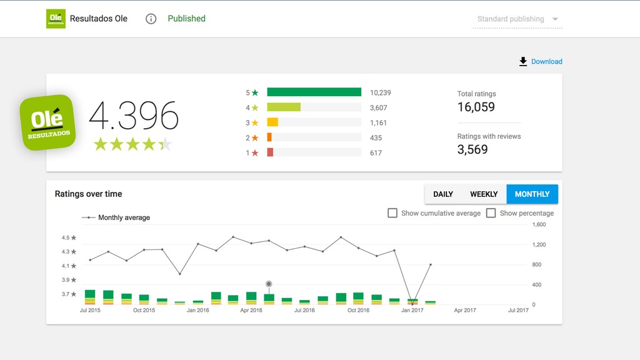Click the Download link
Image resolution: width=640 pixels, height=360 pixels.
click(x=541, y=62)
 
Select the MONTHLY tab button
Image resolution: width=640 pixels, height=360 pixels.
click(x=532, y=194)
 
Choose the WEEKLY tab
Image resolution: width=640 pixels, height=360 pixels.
click(x=484, y=194)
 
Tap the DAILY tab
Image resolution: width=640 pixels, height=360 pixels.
click(x=443, y=194)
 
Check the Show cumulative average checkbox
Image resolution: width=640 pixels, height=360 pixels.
click(x=392, y=213)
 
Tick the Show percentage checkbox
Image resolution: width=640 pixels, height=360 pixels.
click(x=491, y=213)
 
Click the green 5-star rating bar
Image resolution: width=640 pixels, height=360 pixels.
click(x=314, y=92)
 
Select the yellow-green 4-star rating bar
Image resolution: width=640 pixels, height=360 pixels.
click(x=284, y=107)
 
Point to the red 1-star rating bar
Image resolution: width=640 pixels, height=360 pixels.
click(x=270, y=152)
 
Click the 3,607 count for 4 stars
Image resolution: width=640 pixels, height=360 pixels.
click(x=378, y=107)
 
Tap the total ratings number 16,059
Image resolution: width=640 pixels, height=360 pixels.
click(x=476, y=107)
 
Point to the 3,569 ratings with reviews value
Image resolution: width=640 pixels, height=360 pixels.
click(x=472, y=149)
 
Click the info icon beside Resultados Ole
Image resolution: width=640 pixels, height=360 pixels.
click(x=151, y=19)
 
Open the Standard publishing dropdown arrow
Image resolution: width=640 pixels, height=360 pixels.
click(x=555, y=19)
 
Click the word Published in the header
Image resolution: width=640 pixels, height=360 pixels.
click(x=186, y=19)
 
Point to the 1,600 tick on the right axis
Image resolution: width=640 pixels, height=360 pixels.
click(x=539, y=224)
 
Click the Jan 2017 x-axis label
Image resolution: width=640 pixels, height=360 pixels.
click(x=412, y=310)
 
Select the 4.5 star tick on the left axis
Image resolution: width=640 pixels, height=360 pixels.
click(x=69, y=237)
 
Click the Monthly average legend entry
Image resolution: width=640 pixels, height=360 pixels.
click(x=116, y=217)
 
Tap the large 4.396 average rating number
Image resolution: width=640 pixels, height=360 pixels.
click(x=134, y=116)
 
